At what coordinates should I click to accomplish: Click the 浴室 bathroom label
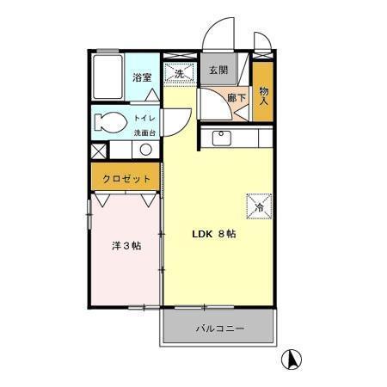pyautogui.click(x=142, y=77)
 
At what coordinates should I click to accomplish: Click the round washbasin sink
pyautogui.click(x=145, y=150)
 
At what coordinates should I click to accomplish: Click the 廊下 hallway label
pyautogui.click(x=236, y=99)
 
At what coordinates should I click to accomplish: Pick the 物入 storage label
pyautogui.click(x=264, y=92)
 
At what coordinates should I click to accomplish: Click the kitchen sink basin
pyautogui.click(x=219, y=137)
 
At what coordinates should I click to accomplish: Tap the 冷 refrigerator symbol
pyautogui.click(x=259, y=205)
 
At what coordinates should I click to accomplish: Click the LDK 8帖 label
pyautogui.click(x=213, y=234)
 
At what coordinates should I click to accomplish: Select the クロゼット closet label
pyautogui.click(x=126, y=179)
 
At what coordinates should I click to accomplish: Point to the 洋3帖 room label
pyautogui.click(x=126, y=246)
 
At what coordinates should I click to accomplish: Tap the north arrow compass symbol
pyautogui.click(x=292, y=359)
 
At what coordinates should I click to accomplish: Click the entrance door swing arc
pyautogui.click(x=217, y=40)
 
